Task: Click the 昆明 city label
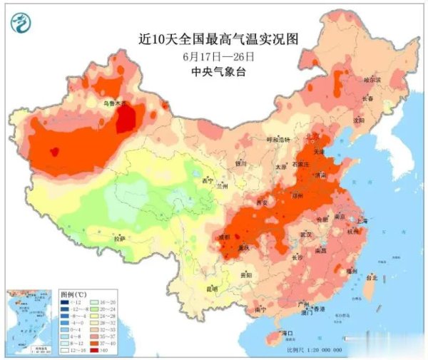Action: point(212,289)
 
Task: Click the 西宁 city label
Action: point(208,180)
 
